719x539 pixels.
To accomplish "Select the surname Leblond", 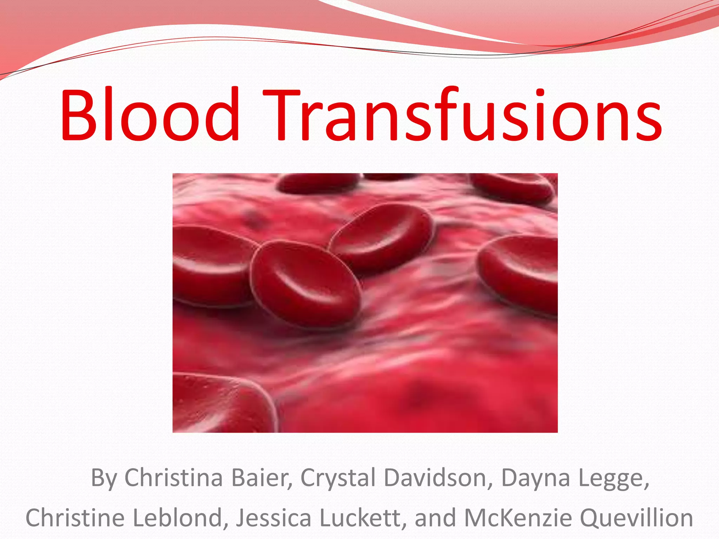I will pyautogui.click(x=180, y=518).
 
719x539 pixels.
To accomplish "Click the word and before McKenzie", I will pyautogui.click(x=436, y=518).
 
